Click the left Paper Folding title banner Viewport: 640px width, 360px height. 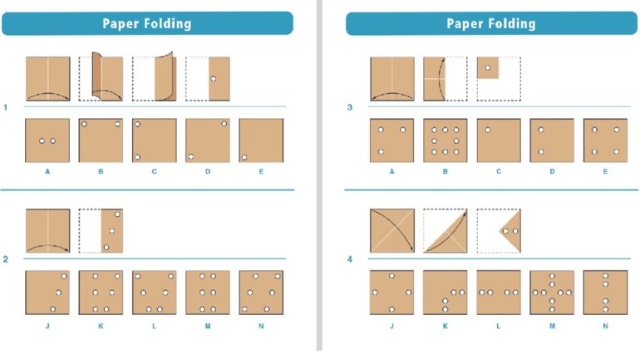(x=147, y=23)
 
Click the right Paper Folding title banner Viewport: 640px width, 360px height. (x=490, y=23)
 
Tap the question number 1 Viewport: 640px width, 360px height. (x=6, y=107)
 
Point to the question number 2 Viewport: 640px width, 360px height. (x=6, y=259)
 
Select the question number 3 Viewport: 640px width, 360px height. (x=349, y=107)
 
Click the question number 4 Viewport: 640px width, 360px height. (x=349, y=259)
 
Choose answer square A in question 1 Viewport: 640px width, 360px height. (x=47, y=140)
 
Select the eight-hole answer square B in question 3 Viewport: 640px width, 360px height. (x=445, y=140)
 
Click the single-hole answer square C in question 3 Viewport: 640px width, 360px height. (x=498, y=140)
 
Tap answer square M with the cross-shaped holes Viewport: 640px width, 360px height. (x=551, y=292)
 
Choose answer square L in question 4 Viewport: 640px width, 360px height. (x=498, y=292)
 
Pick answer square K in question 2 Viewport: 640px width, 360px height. (x=101, y=292)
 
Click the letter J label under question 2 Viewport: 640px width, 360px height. (x=47, y=325)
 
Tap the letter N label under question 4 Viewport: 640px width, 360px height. (x=604, y=325)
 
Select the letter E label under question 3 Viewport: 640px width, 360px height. (x=604, y=172)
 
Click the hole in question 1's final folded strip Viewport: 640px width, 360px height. (x=214, y=79)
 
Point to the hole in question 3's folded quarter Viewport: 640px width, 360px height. (x=488, y=68)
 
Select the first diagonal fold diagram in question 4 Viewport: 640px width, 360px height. (x=391, y=230)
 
